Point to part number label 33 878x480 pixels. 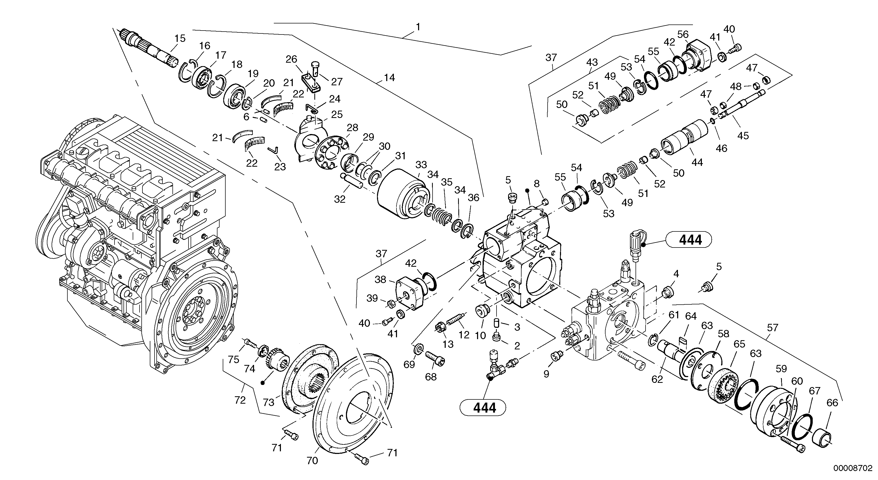(421, 165)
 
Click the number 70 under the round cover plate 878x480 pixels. (312, 461)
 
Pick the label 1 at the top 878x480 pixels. (418, 27)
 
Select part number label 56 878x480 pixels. (683, 34)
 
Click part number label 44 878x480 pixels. (697, 162)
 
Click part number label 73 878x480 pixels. (269, 403)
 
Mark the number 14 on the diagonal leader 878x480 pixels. (389, 78)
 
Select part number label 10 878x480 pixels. (480, 336)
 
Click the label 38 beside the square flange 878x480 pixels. (380, 280)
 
